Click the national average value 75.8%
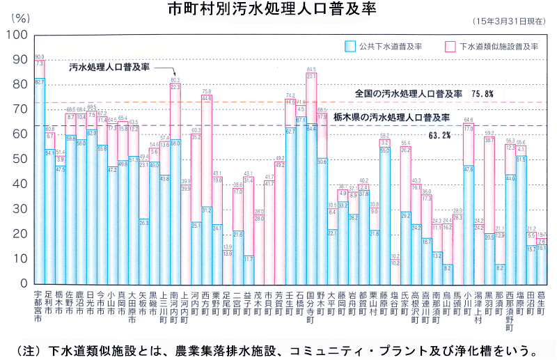coord(482,93)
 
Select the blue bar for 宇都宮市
coord(39,181)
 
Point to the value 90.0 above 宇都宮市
coord(39,57)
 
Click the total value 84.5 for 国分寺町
coord(311,70)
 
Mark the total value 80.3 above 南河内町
coord(175,81)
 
